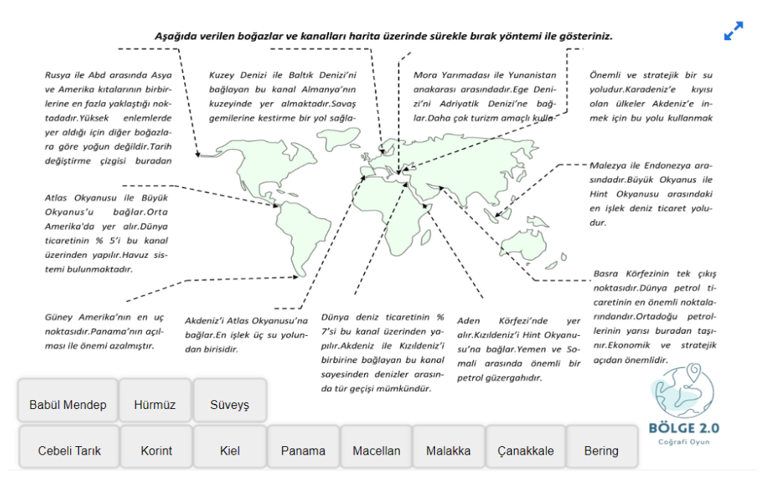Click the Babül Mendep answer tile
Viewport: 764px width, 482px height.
[68, 405]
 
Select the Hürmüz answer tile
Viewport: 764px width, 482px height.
[154, 405]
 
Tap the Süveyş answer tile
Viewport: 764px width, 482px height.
[229, 405]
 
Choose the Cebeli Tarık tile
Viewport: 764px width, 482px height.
[69, 451]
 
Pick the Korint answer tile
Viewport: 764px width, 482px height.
[156, 451]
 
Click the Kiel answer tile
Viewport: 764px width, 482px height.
[229, 451]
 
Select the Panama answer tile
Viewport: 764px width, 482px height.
[303, 451]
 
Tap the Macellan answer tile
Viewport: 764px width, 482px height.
[376, 451]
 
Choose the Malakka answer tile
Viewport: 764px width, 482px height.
[448, 451]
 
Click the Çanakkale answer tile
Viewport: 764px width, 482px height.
[525, 451]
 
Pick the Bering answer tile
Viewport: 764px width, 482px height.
[601, 451]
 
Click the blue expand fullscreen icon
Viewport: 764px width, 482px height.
[733, 31]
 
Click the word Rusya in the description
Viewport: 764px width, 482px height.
[59, 75]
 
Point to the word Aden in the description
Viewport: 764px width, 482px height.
[469, 321]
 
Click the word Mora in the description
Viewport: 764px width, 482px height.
[426, 75]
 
